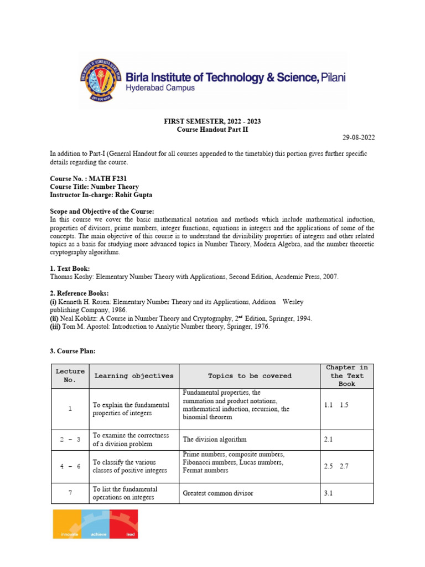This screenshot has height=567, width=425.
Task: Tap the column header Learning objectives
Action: [133, 376]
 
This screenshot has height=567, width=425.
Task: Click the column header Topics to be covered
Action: [250, 376]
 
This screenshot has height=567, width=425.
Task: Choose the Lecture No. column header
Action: [70, 376]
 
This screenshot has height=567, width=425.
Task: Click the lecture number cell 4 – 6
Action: [70, 466]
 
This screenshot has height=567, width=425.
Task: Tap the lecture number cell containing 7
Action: [70, 493]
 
